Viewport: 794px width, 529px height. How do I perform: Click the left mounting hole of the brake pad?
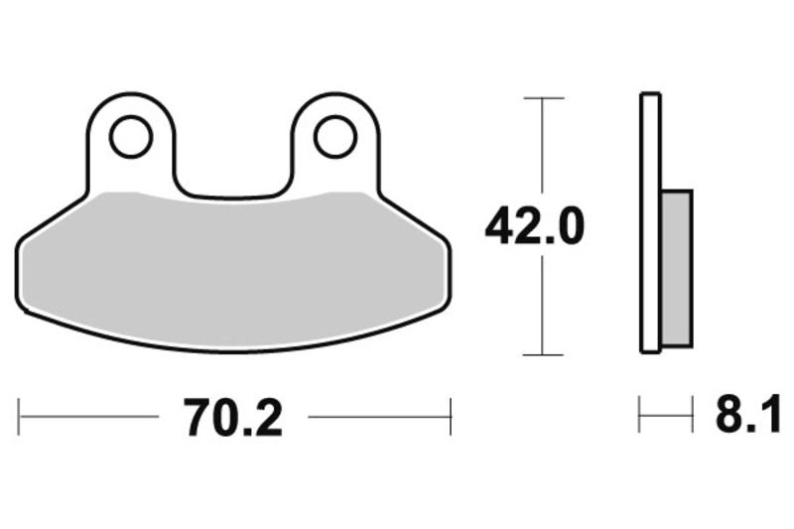tap(131, 137)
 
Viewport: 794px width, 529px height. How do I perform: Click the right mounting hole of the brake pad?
tap(334, 137)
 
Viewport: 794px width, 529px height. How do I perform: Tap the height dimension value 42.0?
tap(535, 227)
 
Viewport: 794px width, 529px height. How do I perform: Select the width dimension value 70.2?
tap(232, 417)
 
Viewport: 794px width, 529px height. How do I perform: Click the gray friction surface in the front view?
tap(233, 268)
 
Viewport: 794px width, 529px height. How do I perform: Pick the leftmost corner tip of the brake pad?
tap(19, 248)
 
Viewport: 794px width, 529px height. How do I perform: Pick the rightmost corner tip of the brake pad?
tap(450, 248)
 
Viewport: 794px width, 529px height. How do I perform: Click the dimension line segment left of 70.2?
tap(89, 417)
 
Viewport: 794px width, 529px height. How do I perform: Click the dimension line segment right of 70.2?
tap(377, 417)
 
